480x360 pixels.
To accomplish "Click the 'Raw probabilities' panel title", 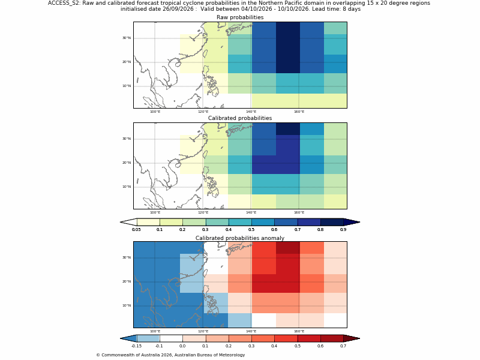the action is click(240, 17).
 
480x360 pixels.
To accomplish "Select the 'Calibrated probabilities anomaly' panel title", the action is click(240, 238).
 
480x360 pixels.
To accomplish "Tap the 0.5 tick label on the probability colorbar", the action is click(251, 230).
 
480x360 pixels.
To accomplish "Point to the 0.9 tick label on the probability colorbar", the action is click(343, 230).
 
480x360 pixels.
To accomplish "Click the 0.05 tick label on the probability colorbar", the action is click(137, 230).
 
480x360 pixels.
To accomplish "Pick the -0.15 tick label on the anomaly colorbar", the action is click(137, 346).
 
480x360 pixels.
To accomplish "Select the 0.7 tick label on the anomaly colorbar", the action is click(343, 346).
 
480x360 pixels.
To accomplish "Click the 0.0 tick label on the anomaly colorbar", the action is click(182, 346).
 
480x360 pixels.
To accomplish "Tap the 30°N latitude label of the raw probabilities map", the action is click(127, 38).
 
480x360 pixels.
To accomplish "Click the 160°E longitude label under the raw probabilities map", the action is click(299, 112).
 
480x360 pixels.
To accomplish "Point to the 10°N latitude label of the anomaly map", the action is click(127, 305).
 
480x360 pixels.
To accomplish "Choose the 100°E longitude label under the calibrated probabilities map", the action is click(155, 212).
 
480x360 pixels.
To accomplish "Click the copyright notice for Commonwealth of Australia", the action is click(170, 355).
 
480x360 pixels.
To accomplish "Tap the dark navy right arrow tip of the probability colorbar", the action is click(359, 222).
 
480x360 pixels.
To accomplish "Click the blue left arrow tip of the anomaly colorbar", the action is click(121, 338).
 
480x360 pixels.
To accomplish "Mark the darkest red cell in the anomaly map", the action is click(288, 248).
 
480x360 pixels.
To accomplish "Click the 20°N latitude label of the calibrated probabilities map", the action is click(127, 163).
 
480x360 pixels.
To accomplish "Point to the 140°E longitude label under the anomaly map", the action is click(251, 331).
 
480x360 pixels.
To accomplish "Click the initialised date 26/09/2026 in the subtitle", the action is click(178, 9).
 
